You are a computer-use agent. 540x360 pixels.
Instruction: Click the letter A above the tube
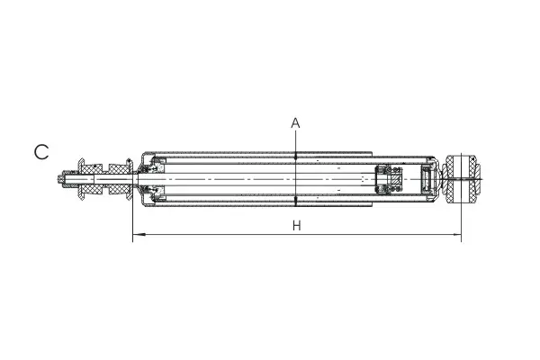[295, 123]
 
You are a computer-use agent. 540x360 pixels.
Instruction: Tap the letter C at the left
[41, 152]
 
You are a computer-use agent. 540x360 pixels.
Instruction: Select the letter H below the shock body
[296, 226]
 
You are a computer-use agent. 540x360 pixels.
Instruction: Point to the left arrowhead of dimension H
[139, 235]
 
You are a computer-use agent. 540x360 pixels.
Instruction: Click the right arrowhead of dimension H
[456, 235]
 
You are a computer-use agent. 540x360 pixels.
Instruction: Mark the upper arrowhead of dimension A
[295, 156]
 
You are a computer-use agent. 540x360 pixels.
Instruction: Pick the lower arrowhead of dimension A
[295, 202]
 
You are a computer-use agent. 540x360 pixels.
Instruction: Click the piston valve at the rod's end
[389, 179]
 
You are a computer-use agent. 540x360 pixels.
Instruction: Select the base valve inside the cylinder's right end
[427, 179]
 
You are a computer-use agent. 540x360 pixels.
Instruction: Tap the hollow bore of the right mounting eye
[462, 179]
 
